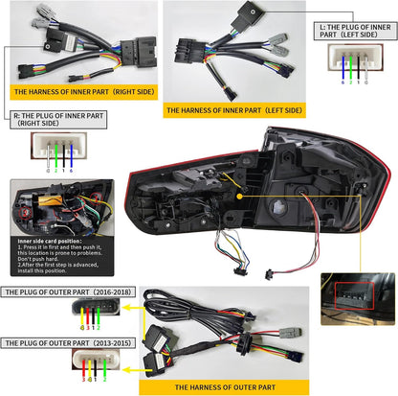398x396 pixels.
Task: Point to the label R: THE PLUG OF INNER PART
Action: coord(45,120)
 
